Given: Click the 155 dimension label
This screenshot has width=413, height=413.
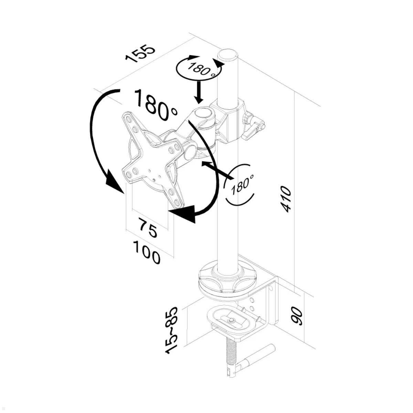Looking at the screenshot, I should [x=140, y=53].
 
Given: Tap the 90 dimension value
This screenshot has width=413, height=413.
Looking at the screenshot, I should [x=297, y=316].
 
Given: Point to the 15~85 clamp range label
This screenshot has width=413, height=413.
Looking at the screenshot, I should [x=172, y=330].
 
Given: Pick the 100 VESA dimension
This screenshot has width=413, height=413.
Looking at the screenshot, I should [x=146, y=252].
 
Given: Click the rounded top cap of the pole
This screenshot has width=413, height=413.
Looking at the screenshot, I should [x=228, y=55].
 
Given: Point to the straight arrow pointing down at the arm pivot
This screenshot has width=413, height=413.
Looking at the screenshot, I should [x=198, y=92].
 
